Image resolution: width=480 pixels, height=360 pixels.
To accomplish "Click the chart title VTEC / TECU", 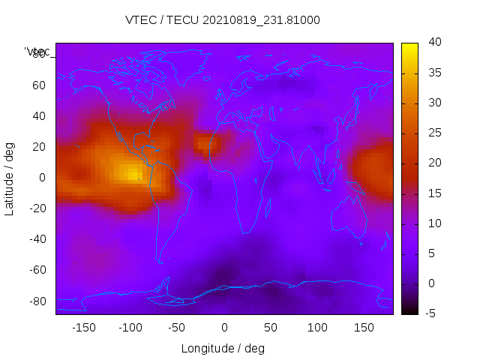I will point(223,20).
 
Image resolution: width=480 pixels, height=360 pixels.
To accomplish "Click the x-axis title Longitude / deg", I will point(223,348).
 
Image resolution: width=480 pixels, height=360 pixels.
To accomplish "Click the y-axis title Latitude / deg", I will point(10,178).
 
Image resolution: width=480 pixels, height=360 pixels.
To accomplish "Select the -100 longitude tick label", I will point(130,327).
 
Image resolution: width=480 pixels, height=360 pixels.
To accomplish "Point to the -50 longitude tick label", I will point(177,327).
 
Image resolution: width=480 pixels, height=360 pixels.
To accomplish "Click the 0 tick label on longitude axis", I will point(223,327).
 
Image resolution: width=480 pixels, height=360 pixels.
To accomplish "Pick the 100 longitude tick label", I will point(317,327).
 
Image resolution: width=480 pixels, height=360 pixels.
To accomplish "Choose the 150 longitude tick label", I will point(364,327).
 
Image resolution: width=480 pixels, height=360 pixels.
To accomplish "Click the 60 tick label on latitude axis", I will point(39,85).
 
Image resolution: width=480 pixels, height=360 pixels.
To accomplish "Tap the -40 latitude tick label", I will point(37,239).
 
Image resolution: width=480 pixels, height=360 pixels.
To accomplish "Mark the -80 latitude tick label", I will point(37,301).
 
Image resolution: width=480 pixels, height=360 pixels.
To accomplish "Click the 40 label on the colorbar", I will point(431,43).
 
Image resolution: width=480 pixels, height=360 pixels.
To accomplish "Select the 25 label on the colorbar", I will point(431,133).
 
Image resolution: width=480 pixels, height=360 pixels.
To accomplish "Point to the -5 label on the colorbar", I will point(430,313).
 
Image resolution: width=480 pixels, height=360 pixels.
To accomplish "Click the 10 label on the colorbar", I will point(431,223).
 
